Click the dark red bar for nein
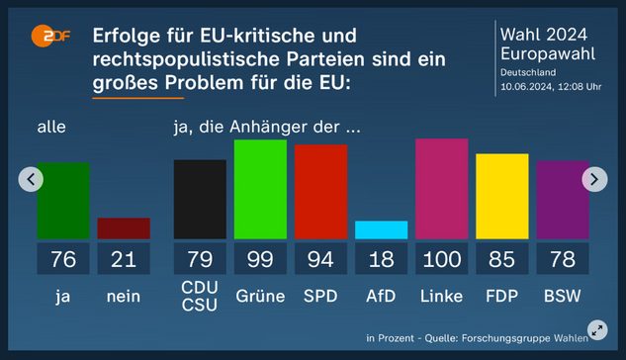[124, 228]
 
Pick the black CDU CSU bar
[200, 199]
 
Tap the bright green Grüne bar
[260, 189]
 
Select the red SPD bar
[320, 192]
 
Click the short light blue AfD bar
[381, 229]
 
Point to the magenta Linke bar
[441, 188]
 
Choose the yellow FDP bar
[501, 196]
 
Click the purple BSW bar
[562, 199]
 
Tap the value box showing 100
[441, 260]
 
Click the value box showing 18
[381, 260]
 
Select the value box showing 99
[260, 260]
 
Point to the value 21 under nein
[124, 260]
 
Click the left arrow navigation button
[32, 179]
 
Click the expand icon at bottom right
[596, 330]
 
